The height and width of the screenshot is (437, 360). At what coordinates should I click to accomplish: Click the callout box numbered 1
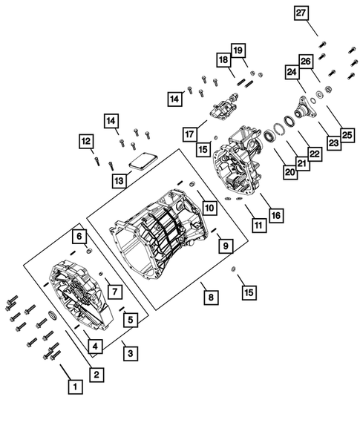73,386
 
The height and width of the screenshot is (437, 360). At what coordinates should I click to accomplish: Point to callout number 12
86,140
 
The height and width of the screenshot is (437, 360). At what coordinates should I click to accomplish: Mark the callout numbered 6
78,236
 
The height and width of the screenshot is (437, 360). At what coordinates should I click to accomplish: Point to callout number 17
190,134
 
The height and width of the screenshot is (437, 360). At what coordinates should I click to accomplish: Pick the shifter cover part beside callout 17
223,114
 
